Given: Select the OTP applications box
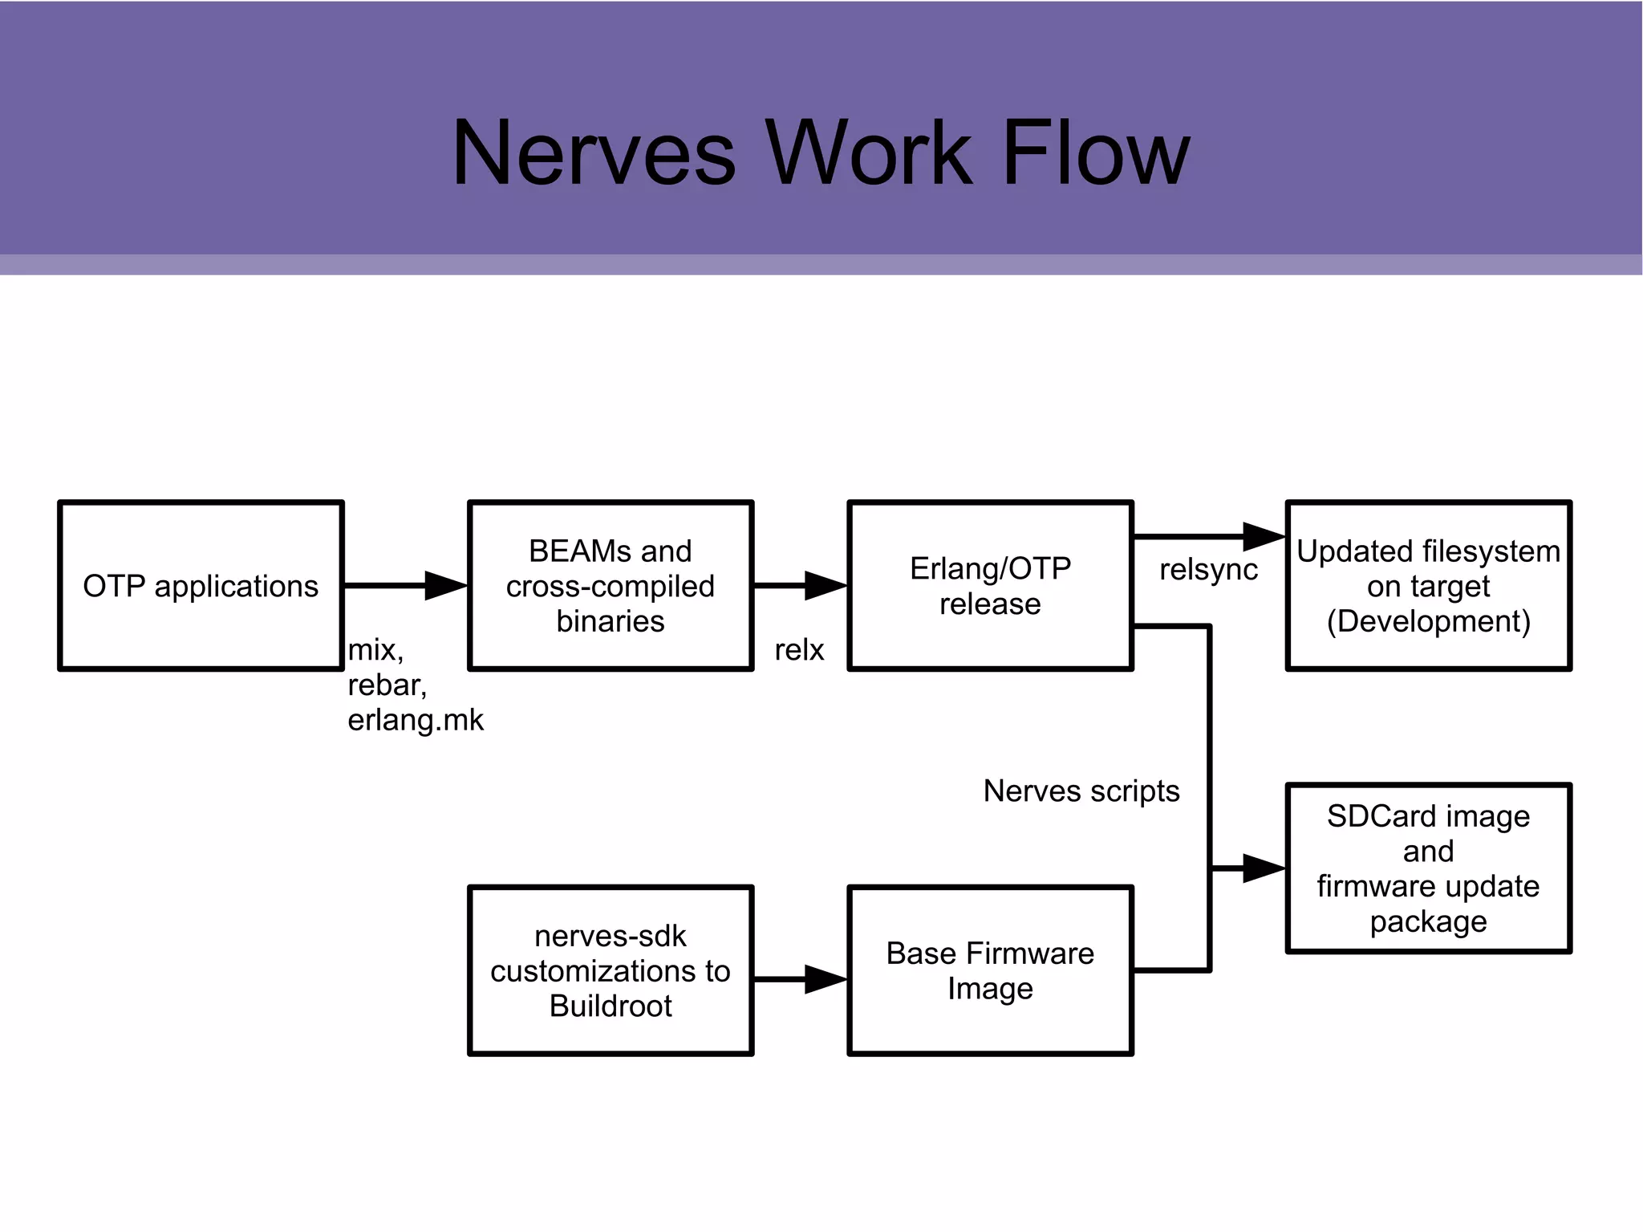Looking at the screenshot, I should [201, 586].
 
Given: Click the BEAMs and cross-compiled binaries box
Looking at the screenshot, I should [611, 586].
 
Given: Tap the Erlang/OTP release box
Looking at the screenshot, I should [990, 586].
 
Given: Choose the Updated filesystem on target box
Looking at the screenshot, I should [1428, 586].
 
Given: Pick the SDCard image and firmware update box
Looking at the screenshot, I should [1428, 868].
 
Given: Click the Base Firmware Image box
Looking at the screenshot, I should [990, 970].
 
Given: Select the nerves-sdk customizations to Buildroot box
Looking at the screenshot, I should [611, 970].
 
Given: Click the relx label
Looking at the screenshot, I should [799, 650].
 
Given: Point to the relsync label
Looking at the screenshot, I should [1208, 570].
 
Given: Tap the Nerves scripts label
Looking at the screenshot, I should [1081, 791].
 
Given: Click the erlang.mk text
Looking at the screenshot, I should [416, 720].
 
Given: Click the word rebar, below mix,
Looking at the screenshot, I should [387, 685].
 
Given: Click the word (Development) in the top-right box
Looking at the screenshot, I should [1428, 622].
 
